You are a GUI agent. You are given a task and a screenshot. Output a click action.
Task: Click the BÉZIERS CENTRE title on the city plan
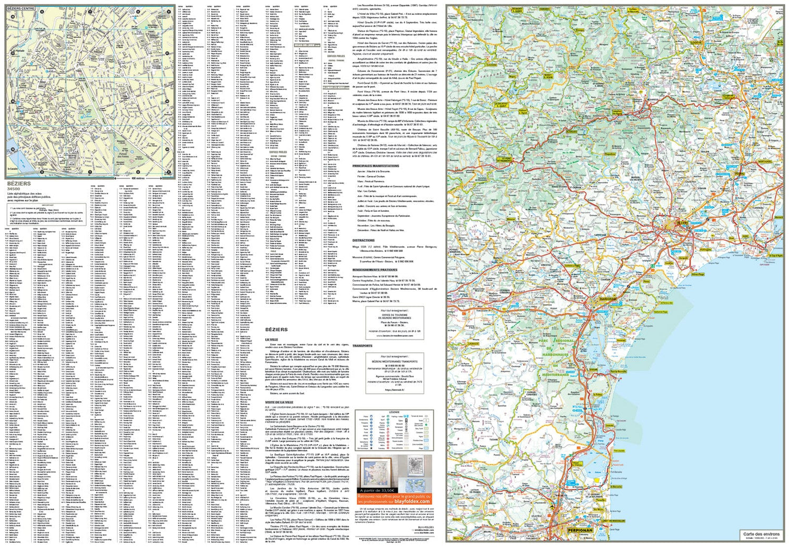click(21, 9)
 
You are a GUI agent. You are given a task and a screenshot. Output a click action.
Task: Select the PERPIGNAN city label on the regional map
click(580, 530)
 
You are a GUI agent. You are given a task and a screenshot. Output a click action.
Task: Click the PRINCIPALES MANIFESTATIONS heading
click(376, 166)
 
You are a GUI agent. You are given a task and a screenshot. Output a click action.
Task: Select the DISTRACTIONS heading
click(363, 240)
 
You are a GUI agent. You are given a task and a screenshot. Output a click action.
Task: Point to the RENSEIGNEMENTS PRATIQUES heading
click(375, 270)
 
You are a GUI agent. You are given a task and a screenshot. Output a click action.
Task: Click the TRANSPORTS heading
click(362, 346)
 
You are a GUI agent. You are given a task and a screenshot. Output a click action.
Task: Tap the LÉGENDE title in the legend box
click(394, 412)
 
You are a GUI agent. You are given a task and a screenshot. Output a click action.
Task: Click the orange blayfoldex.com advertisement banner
click(394, 499)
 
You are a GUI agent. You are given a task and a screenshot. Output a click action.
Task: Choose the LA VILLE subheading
click(271, 340)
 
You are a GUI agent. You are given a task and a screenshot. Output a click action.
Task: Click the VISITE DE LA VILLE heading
click(279, 402)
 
